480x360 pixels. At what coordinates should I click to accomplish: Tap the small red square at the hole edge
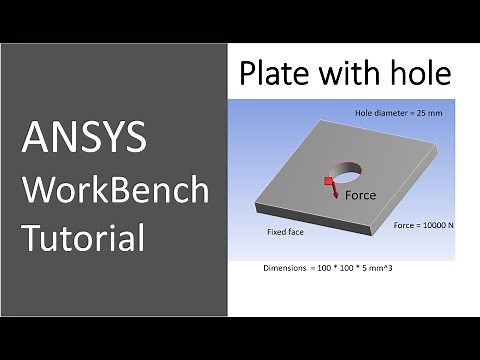tap(326, 180)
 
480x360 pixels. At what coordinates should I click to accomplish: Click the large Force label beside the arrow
tap(360, 195)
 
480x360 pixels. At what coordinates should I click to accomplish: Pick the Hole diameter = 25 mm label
tap(398, 113)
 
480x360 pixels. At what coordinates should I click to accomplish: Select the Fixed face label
tap(285, 231)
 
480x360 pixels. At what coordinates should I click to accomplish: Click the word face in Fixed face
tap(296, 231)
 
